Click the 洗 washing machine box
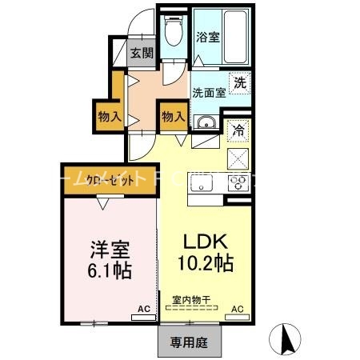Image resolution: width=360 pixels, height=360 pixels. (x=239, y=82)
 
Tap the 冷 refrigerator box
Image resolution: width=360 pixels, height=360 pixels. (x=238, y=127)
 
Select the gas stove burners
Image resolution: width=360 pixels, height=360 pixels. (x=238, y=182)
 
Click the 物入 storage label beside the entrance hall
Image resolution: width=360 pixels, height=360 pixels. (x=110, y=117)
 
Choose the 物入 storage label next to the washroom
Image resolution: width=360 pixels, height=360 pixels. (x=173, y=117)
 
